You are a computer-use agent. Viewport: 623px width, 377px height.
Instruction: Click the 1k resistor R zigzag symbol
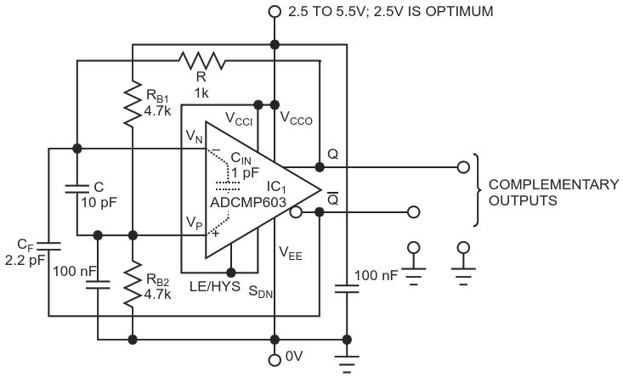(201, 60)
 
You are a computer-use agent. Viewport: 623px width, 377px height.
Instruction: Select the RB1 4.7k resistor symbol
(133, 104)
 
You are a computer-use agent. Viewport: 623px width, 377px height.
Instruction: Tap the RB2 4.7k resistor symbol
(133, 284)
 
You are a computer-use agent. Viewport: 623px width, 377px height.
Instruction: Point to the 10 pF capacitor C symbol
(77, 188)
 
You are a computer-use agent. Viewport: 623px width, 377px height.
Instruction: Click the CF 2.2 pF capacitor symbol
(48, 246)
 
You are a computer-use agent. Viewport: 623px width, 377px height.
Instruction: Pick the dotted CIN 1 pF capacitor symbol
(228, 185)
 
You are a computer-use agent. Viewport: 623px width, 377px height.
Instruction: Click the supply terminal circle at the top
(275, 12)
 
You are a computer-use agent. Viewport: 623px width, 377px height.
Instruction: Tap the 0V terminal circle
(275, 360)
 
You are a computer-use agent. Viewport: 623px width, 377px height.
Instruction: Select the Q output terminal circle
(463, 167)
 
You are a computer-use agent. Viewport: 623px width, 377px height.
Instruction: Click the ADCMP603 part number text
(248, 202)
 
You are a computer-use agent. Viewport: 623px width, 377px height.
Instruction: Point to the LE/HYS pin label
(215, 286)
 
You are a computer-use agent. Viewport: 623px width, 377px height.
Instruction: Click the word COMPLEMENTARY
(553, 184)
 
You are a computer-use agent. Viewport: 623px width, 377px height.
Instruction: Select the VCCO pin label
(296, 118)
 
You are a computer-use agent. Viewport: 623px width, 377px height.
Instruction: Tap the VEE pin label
(291, 253)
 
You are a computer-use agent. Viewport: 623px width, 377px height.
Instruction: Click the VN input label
(195, 137)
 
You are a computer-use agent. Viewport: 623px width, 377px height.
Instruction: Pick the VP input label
(195, 223)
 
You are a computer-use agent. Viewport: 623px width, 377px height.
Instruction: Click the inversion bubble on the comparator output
(296, 212)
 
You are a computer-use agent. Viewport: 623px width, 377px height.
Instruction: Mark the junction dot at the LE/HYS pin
(231, 273)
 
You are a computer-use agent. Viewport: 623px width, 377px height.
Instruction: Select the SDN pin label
(261, 292)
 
